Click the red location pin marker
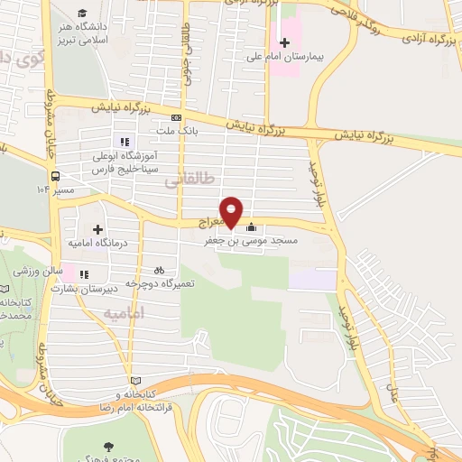(232, 212)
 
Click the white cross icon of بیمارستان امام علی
(285, 42)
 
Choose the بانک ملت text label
(177, 131)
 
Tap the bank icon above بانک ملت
(177, 117)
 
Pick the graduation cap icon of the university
(83, 13)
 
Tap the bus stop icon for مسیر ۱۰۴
(56, 176)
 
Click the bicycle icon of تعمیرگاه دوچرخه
(160, 269)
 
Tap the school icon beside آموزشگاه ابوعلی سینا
(125, 141)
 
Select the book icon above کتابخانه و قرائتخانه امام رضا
(136, 380)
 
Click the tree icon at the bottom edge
(109, 446)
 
